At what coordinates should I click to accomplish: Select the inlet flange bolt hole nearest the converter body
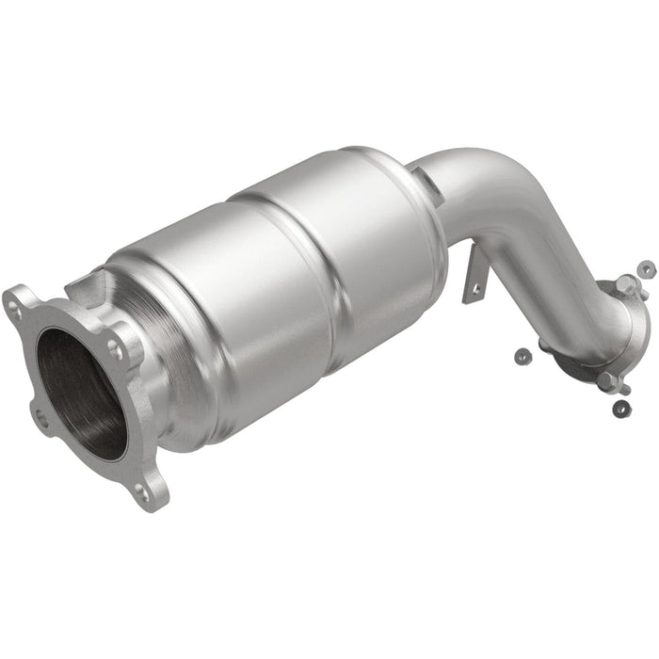[115, 347]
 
